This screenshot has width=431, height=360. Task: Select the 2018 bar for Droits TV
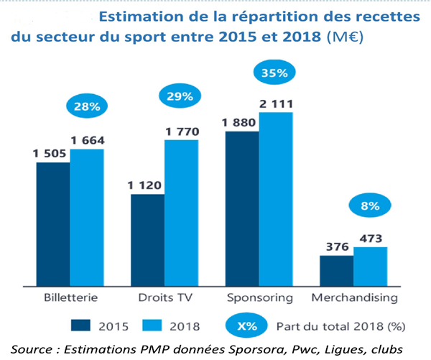tap(181, 212)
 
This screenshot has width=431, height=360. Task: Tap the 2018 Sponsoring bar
tap(276, 198)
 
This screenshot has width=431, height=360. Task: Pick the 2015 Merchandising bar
tap(336, 269)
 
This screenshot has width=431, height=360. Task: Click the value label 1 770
tap(181, 131)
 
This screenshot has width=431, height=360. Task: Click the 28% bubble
tap(87, 107)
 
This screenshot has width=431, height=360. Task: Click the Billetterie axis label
tap(70, 296)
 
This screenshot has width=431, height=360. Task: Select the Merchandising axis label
tap(354, 296)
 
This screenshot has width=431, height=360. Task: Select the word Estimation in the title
tap(138, 15)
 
